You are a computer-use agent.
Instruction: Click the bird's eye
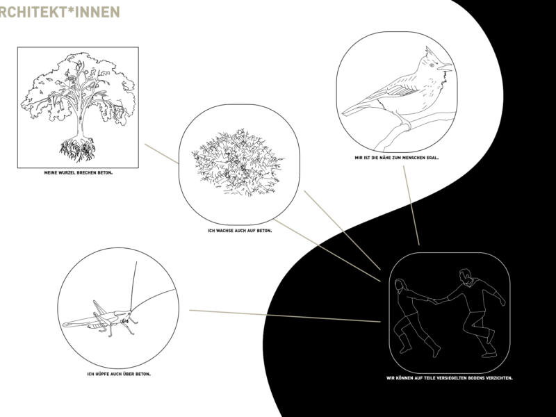432,65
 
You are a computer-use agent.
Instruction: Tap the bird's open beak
445,67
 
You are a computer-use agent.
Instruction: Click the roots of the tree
78,148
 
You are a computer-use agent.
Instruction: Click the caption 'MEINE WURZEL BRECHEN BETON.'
79,173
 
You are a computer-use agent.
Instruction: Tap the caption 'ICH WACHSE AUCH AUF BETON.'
240,231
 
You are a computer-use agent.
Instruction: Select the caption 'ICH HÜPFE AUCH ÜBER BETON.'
119,374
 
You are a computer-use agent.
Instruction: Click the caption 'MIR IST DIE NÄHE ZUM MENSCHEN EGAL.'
396,158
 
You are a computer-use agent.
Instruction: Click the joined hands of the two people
436,302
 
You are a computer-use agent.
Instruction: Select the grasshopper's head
127,315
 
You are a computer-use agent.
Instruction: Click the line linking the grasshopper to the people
285,316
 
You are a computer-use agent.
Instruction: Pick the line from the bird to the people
411,205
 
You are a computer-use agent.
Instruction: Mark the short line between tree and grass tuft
161,154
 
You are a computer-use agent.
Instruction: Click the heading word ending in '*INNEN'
60,12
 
